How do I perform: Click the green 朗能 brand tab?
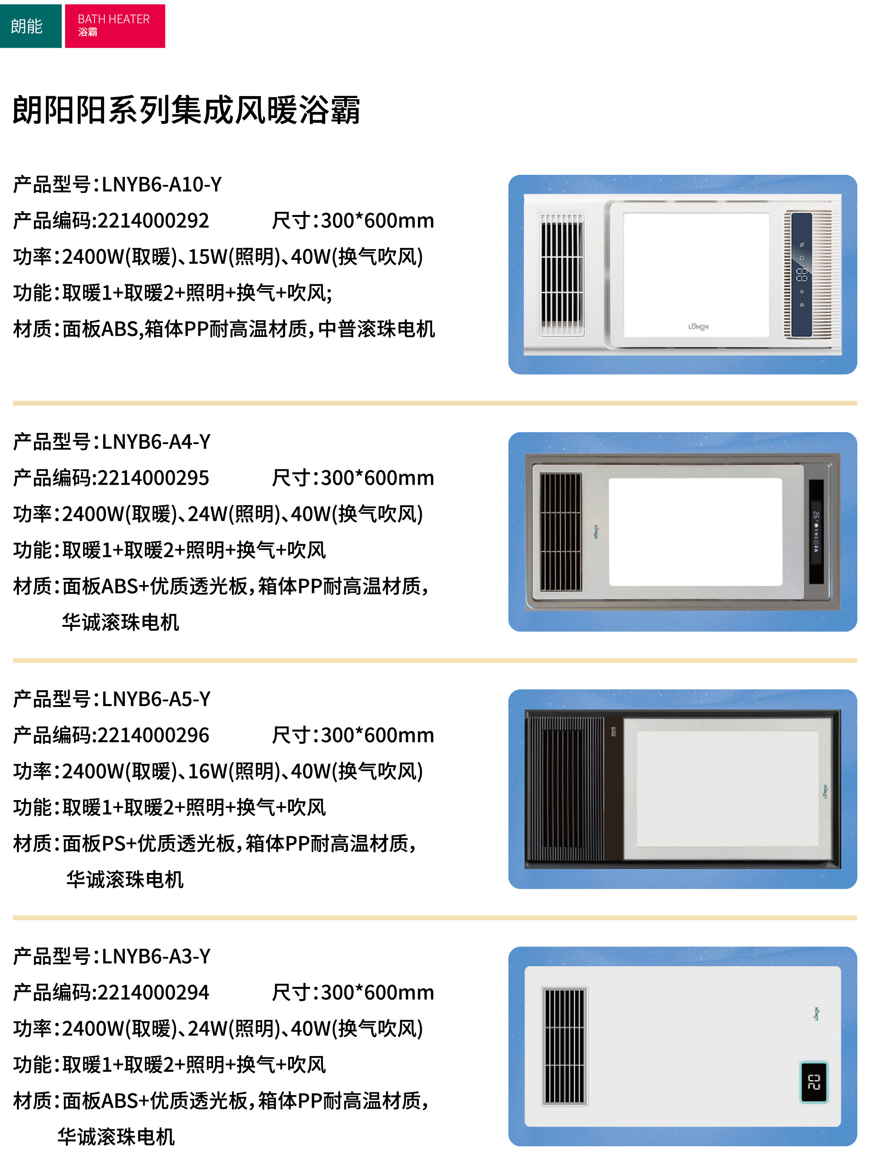(x=31, y=26)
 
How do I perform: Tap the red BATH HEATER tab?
(x=115, y=26)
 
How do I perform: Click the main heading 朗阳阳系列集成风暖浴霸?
(x=186, y=110)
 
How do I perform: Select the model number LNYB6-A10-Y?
(x=161, y=184)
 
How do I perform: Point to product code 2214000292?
(x=153, y=220)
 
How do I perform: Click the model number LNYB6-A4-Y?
(x=156, y=441)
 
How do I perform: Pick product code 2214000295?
(x=153, y=478)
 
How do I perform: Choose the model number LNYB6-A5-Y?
(x=156, y=699)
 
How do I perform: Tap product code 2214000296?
(x=153, y=735)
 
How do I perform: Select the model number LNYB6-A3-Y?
(x=156, y=956)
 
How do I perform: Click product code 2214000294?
(x=153, y=992)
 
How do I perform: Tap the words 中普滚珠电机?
(x=376, y=329)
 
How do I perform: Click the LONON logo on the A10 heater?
(x=698, y=327)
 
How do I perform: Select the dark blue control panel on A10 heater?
(x=802, y=275)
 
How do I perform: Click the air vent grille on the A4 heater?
(x=560, y=532)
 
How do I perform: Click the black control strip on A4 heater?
(x=816, y=532)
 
